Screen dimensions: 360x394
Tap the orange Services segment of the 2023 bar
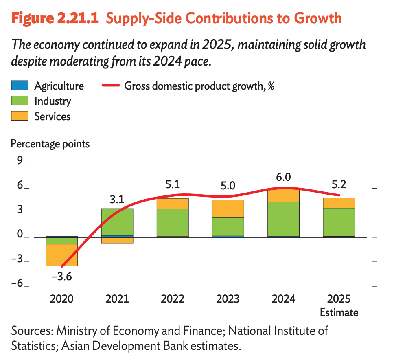[228, 209]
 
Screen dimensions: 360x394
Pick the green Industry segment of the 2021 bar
[117, 222]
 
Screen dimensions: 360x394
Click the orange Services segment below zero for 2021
[117, 240]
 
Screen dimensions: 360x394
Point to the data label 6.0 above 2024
[283, 177]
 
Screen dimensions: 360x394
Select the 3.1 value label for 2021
[117, 200]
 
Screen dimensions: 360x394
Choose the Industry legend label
[53, 101]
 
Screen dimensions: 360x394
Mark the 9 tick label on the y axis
[19, 161]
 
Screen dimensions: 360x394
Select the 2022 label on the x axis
[173, 299]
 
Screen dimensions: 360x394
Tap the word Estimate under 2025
[339, 312]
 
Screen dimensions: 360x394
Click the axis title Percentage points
[50, 144]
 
